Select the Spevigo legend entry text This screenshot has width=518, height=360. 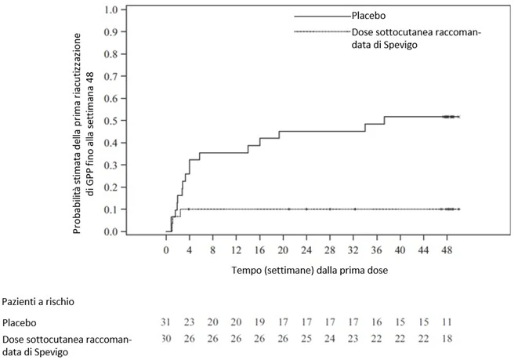416,38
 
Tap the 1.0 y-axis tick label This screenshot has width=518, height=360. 110,9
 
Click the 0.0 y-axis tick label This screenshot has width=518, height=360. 110,231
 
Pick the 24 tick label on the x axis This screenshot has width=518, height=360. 306,250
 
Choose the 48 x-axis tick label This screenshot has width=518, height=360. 447,250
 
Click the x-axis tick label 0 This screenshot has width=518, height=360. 166,250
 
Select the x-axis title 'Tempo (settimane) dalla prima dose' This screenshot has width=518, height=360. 310,271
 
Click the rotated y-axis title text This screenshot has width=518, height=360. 83,133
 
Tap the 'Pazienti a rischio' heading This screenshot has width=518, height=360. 38,302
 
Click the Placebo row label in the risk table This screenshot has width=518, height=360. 19,322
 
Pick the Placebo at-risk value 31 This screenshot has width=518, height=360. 165,322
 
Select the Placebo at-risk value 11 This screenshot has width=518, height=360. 447,322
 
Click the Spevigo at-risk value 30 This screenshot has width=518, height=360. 166,339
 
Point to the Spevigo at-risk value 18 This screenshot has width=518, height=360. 447,339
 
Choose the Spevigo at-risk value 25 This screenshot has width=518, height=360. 306,339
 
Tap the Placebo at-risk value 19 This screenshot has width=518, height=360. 259,322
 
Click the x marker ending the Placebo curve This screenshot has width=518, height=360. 459,117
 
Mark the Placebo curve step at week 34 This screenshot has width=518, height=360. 365,128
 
